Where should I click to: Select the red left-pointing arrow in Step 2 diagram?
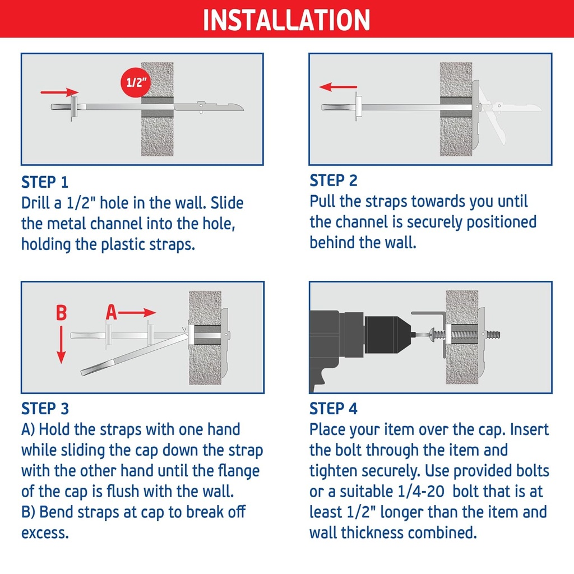pyautogui.click(x=338, y=87)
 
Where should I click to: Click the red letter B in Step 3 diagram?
pyautogui.click(x=61, y=313)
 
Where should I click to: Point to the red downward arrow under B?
pyautogui.click(x=61, y=348)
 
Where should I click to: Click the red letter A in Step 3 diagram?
pyautogui.click(x=112, y=313)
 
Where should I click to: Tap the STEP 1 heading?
pyautogui.click(x=45, y=182)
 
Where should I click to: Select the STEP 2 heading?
pyautogui.click(x=334, y=180)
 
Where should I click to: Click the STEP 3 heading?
pyautogui.click(x=45, y=409)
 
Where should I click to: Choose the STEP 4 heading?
pyautogui.click(x=334, y=409)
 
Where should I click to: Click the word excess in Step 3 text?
pyautogui.click(x=45, y=533)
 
